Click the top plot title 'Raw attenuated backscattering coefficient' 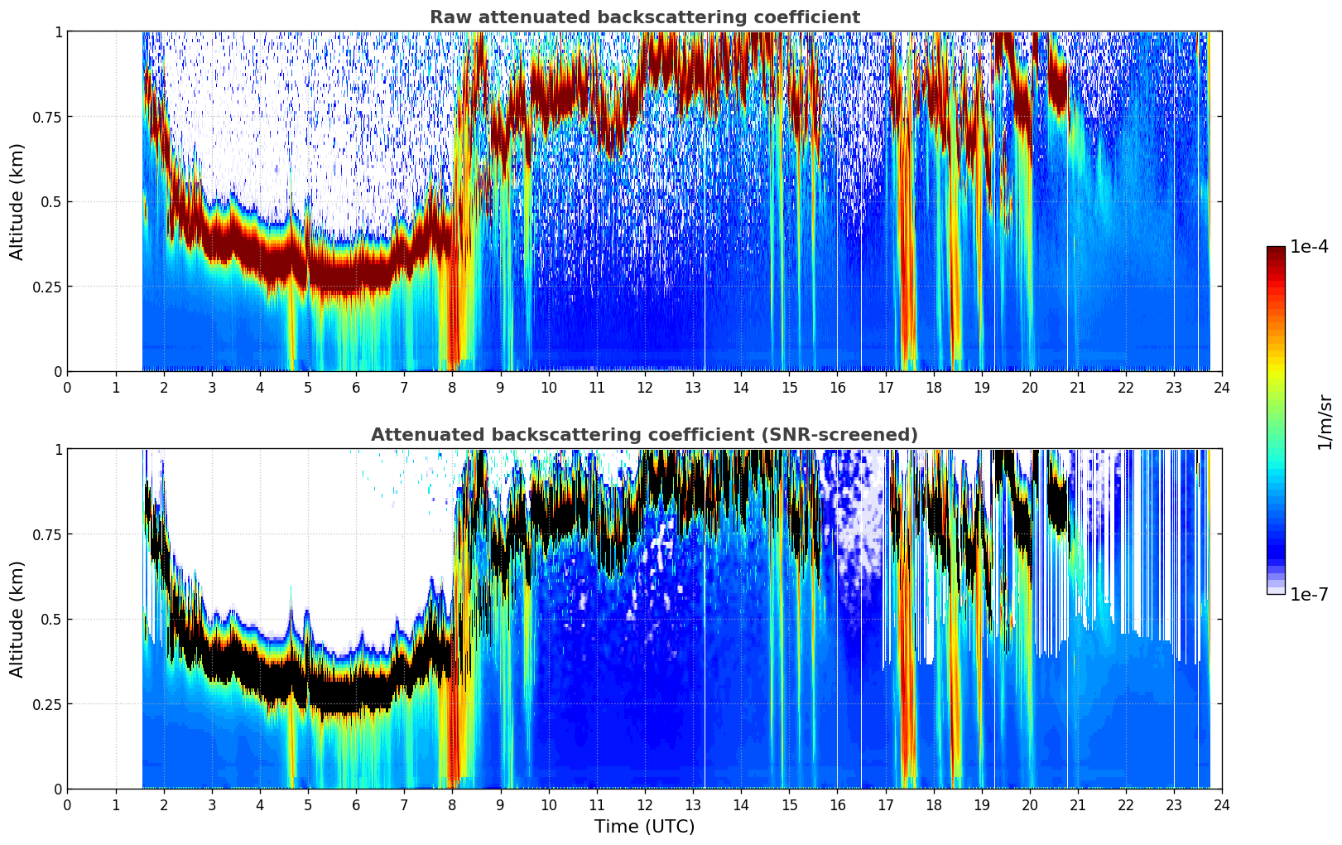click(x=644, y=17)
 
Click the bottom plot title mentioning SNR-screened click(x=644, y=435)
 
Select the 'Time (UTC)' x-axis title click(x=644, y=827)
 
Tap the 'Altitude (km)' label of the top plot click(x=17, y=201)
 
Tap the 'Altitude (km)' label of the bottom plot click(x=17, y=619)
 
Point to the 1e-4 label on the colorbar click(x=1310, y=247)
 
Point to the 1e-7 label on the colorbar click(x=1310, y=595)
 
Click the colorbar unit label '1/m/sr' click(x=1325, y=422)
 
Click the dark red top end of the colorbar click(x=1276, y=250)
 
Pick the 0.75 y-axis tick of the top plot click(x=48, y=117)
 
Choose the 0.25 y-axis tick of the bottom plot click(x=48, y=704)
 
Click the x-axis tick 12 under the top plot click(x=644, y=387)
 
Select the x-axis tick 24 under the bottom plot click(x=1221, y=804)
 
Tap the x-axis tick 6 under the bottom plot click(x=356, y=804)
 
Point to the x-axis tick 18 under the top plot click(x=933, y=387)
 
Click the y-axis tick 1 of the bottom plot click(x=58, y=450)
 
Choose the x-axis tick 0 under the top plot click(x=68, y=387)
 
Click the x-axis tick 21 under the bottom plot click(x=1077, y=804)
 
